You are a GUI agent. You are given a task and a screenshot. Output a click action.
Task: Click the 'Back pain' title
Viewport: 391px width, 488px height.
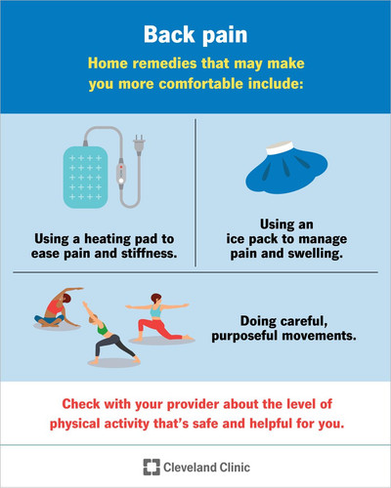pos(195,34)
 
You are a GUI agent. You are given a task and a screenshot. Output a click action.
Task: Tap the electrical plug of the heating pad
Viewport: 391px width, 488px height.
pos(139,144)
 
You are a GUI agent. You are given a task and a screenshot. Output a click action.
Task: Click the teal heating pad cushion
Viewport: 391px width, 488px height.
pos(85,178)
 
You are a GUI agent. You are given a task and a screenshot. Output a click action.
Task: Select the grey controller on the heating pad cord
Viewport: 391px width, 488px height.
pos(121,173)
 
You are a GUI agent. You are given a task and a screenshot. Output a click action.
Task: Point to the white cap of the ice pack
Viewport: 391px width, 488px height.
pos(280,148)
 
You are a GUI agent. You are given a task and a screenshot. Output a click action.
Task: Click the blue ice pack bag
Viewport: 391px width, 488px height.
pos(286,172)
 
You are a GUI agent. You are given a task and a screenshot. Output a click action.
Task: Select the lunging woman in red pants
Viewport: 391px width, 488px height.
pos(158,317)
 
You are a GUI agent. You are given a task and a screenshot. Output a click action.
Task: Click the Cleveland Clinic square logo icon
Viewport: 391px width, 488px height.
pos(152,468)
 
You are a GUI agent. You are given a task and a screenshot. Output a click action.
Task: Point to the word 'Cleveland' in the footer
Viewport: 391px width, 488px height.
pos(190,468)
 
